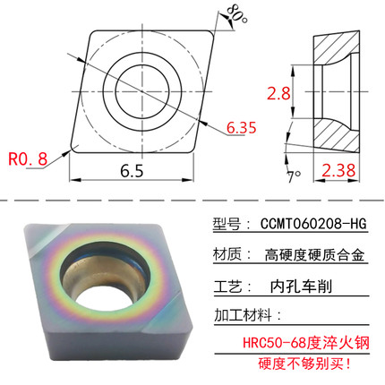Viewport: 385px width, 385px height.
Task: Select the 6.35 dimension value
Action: (242, 129)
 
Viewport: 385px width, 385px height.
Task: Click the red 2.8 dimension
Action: (280, 90)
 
